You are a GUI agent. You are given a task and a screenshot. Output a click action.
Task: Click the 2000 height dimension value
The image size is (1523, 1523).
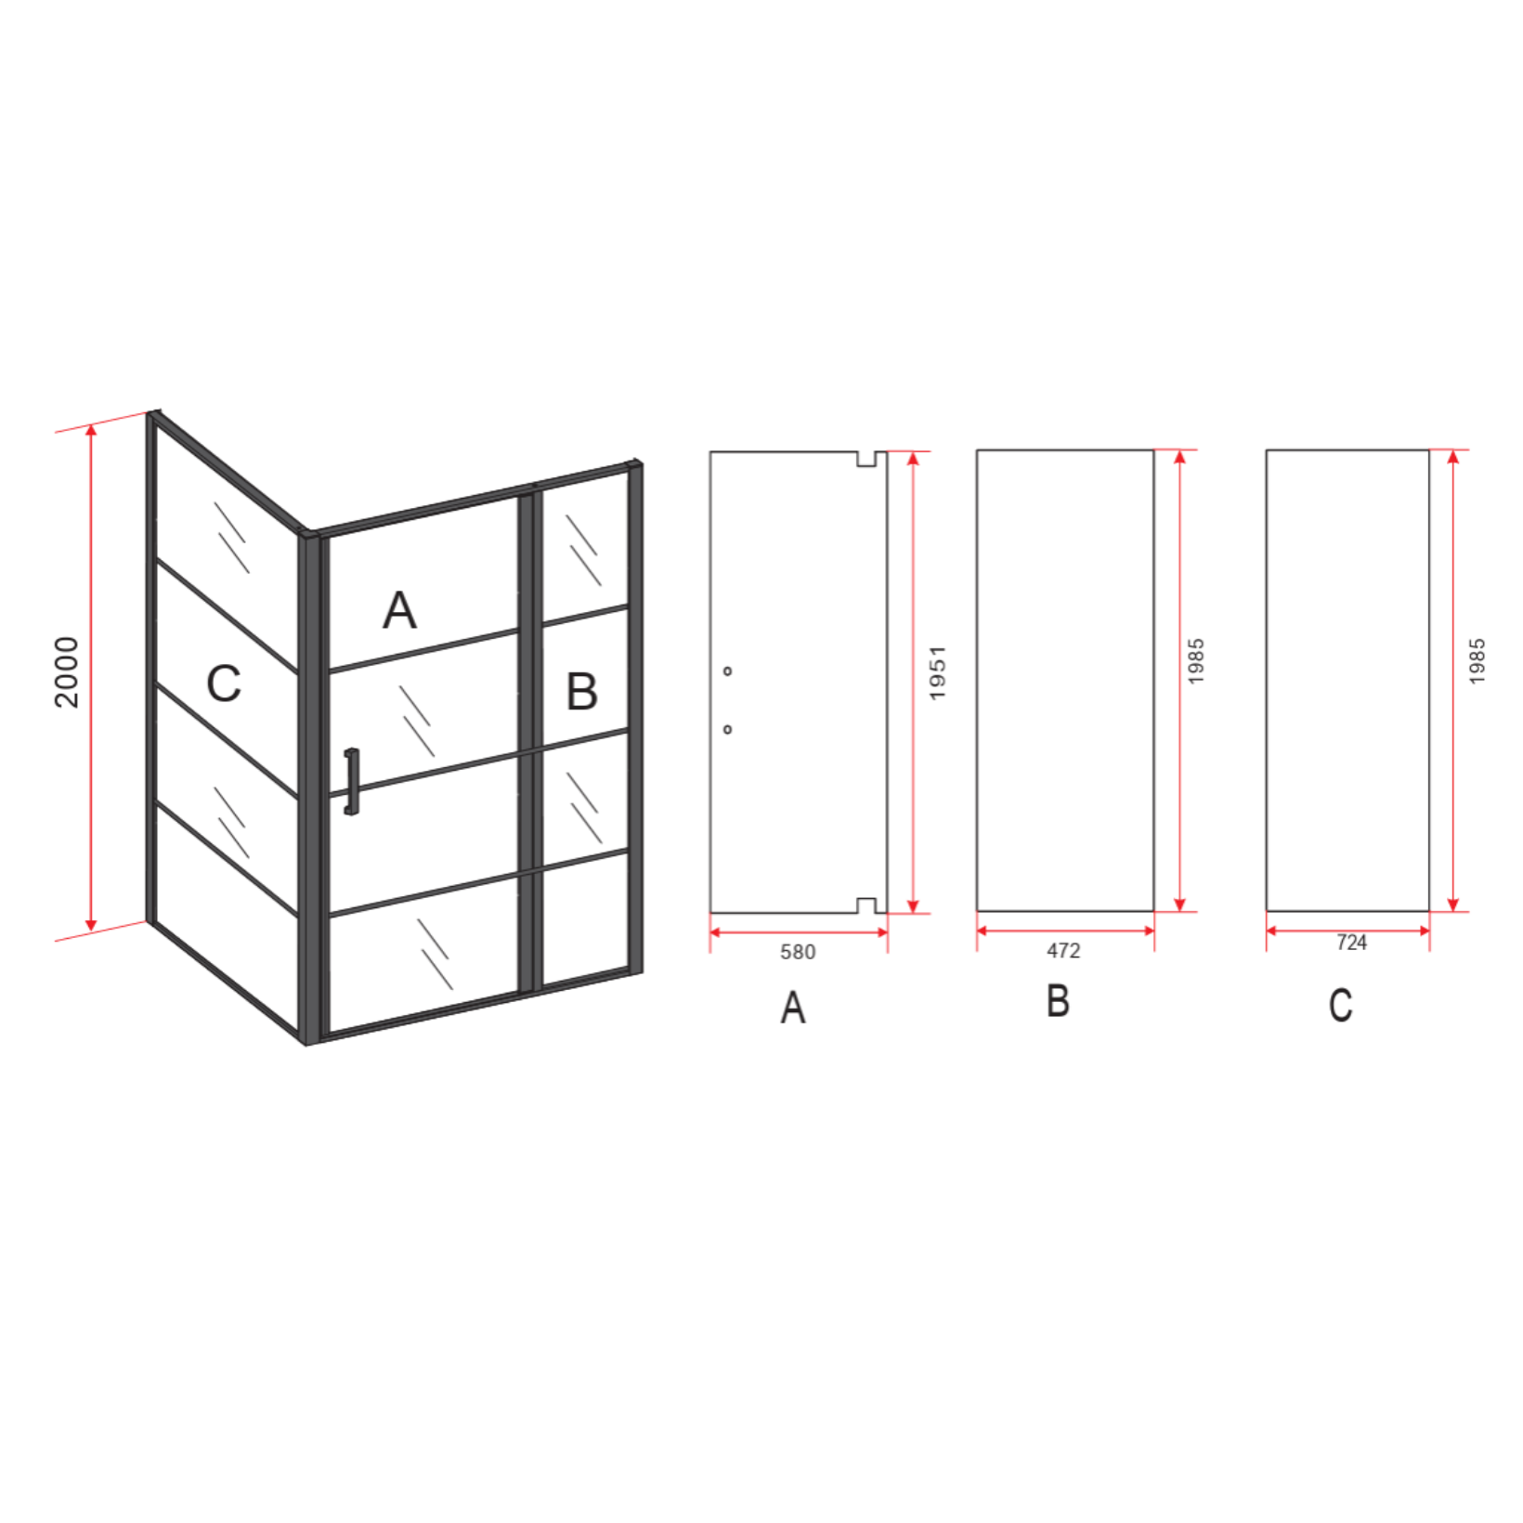click(66, 672)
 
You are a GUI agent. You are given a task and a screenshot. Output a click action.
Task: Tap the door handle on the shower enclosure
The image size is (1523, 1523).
click(351, 781)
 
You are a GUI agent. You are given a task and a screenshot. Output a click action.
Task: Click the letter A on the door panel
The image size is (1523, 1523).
click(400, 610)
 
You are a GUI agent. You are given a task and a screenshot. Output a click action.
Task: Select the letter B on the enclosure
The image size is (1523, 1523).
click(582, 691)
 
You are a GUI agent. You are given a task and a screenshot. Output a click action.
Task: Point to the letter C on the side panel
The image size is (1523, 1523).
click(224, 683)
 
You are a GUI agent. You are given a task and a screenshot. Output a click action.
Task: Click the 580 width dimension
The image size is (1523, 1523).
click(798, 952)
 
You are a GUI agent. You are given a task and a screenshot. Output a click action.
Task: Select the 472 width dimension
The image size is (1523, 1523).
click(1064, 951)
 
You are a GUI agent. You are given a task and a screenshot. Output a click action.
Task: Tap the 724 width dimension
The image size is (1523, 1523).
click(1352, 943)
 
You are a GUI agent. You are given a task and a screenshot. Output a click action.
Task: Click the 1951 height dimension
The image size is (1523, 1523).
click(937, 673)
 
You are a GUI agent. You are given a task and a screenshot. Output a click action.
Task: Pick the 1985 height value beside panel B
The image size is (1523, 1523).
click(1196, 661)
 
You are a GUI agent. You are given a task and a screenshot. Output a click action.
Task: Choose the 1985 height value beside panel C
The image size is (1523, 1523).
click(1477, 661)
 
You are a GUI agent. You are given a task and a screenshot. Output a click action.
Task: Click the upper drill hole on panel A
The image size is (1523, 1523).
click(727, 670)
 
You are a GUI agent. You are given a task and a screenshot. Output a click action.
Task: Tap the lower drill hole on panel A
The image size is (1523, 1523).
click(727, 729)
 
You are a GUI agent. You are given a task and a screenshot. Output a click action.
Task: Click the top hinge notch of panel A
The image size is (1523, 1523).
click(866, 459)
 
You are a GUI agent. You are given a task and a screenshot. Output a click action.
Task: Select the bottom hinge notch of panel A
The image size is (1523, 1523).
click(866, 905)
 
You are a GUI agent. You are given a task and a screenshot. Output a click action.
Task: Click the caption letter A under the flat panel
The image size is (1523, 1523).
click(793, 1007)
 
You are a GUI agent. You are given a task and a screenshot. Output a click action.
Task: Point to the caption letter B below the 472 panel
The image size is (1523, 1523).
click(1058, 1001)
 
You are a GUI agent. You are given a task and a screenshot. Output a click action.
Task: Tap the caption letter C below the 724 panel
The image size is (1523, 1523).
click(1340, 1005)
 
